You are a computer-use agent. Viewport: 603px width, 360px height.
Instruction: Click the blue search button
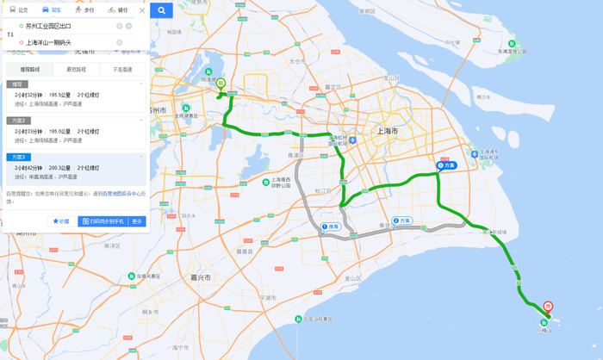(x=161, y=10)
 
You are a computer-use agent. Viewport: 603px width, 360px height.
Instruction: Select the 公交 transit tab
(x=19, y=10)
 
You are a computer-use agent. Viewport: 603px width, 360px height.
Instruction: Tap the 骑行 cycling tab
(x=118, y=10)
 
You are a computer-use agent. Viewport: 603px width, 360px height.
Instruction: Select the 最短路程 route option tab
(x=76, y=69)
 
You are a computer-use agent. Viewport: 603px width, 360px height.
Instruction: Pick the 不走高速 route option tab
(x=122, y=69)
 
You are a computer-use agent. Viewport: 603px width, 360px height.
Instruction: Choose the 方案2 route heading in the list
(x=20, y=120)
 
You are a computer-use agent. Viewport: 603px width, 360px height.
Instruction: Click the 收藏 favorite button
(x=61, y=221)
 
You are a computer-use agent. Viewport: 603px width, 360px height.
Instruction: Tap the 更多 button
(x=137, y=221)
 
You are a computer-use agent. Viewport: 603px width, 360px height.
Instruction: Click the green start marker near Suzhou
(x=221, y=84)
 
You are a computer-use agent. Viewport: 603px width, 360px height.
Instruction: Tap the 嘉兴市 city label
(x=201, y=277)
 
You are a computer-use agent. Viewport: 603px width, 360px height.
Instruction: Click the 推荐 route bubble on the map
(x=329, y=227)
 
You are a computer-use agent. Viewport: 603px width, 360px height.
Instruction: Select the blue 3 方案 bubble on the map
(x=445, y=164)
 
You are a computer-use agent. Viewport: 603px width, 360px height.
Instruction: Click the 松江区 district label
(x=323, y=190)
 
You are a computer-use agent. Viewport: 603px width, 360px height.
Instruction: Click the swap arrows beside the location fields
(x=9, y=34)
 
